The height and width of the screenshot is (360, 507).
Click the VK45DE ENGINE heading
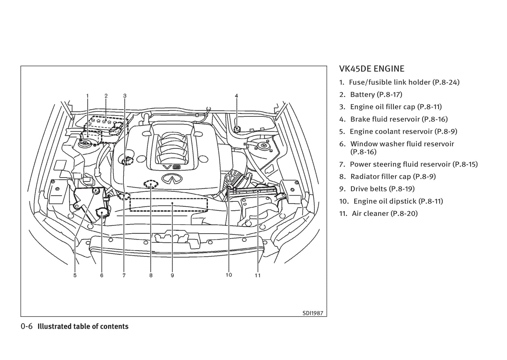(372, 69)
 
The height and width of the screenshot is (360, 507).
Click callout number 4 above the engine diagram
(236, 95)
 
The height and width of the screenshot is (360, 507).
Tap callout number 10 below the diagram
(229, 275)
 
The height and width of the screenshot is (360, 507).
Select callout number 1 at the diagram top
(87, 95)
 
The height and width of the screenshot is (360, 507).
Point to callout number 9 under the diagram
(172, 275)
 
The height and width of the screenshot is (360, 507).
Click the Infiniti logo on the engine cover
(170, 179)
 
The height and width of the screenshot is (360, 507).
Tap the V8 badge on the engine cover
(171, 167)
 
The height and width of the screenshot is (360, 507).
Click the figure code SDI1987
(313, 313)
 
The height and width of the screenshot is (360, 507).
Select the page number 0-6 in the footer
(27, 326)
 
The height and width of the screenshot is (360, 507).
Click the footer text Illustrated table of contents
(83, 326)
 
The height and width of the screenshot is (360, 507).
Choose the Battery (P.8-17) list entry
(376, 94)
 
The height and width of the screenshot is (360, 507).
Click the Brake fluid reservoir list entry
(399, 119)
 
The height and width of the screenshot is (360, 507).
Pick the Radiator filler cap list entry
(393, 176)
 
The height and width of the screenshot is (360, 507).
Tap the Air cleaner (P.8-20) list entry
(384, 213)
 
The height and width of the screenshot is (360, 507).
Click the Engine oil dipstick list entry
(398, 201)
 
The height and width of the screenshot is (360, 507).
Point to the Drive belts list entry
(382, 189)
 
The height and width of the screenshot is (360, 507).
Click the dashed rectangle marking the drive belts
(168, 205)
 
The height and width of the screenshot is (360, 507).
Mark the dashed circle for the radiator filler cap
(151, 184)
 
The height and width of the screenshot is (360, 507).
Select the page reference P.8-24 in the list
(446, 82)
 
